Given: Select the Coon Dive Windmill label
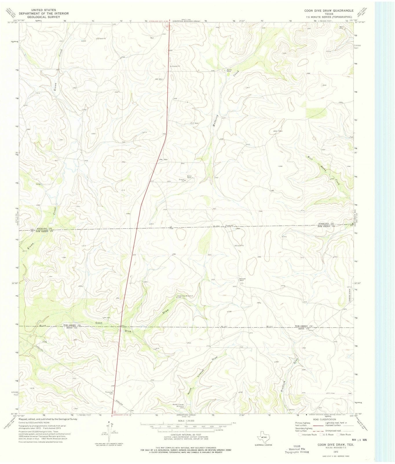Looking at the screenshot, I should tap(183, 296).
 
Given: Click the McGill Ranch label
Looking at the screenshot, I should tap(190, 177).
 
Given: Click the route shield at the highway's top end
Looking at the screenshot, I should tap(168, 26).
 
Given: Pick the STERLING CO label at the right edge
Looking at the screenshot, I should tap(326, 224).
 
